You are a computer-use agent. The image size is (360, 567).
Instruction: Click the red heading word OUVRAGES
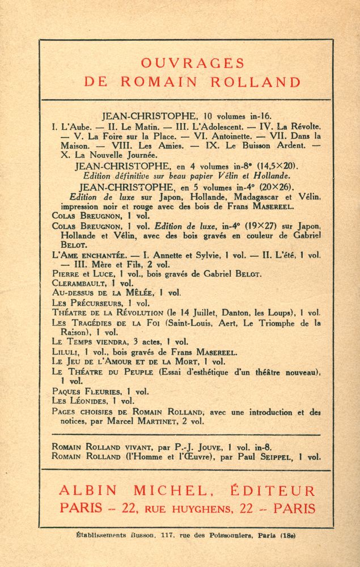click(x=192, y=63)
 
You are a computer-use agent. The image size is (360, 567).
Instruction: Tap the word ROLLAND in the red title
click(x=255, y=82)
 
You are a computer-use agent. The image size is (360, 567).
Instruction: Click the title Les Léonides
click(x=78, y=401)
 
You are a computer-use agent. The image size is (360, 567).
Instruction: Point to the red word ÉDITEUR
click(x=269, y=491)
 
